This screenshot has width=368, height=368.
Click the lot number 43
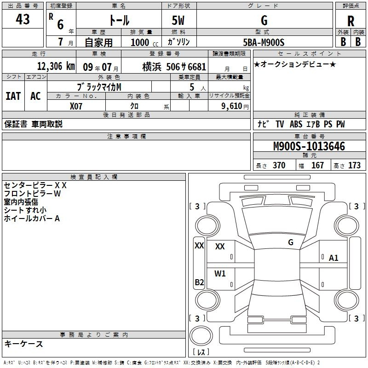23,20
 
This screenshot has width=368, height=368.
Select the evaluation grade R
351,21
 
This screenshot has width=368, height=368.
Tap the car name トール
119,20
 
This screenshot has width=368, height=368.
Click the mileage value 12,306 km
56,66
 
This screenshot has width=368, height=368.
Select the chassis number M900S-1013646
309,147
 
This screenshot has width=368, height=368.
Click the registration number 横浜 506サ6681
174,66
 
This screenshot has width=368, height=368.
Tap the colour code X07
76,106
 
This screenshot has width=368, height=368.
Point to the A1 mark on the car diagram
333,258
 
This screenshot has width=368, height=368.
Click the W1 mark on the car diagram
220,274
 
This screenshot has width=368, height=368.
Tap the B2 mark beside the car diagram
199,282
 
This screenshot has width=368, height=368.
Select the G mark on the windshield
290,242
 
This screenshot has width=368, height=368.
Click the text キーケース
23,344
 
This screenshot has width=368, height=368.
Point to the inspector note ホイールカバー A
32,218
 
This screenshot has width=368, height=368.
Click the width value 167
317,166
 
